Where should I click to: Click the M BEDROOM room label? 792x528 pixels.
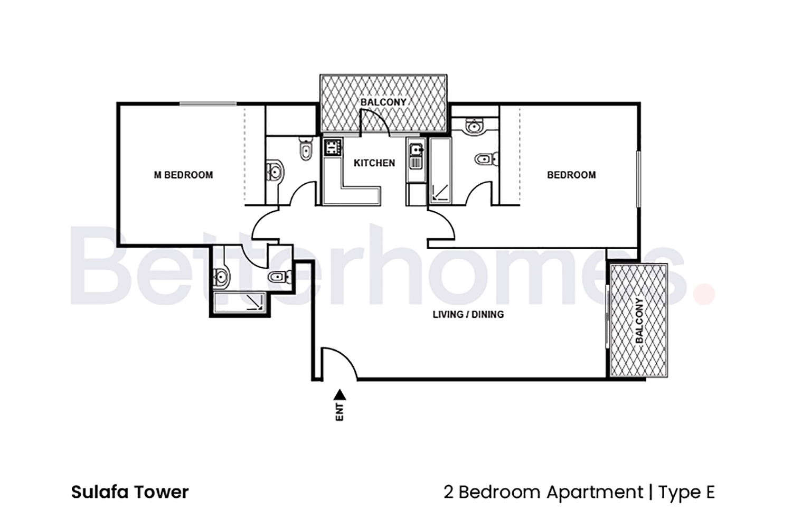pyautogui.click(x=183, y=175)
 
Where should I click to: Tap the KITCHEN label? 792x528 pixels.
pyautogui.click(x=374, y=163)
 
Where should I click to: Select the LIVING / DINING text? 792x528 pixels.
pyautogui.click(x=468, y=314)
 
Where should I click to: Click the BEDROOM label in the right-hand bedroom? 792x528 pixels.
pyautogui.click(x=571, y=175)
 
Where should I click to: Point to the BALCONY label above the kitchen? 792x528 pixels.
pyautogui.click(x=383, y=102)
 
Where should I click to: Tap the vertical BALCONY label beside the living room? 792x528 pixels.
pyautogui.click(x=639, y=321)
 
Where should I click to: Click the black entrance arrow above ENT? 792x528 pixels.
pyautogui.click(x=340, y=394)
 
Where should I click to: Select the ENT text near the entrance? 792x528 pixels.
pyautogui.click(x=340, y=412)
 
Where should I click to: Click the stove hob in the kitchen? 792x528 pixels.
pyautogui.click(x=332, y=147)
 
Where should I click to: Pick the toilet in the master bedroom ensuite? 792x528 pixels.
pyautogui.click(x=305, y=149)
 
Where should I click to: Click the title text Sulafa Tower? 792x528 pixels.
pyautogui.click(x=130, y=492)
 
